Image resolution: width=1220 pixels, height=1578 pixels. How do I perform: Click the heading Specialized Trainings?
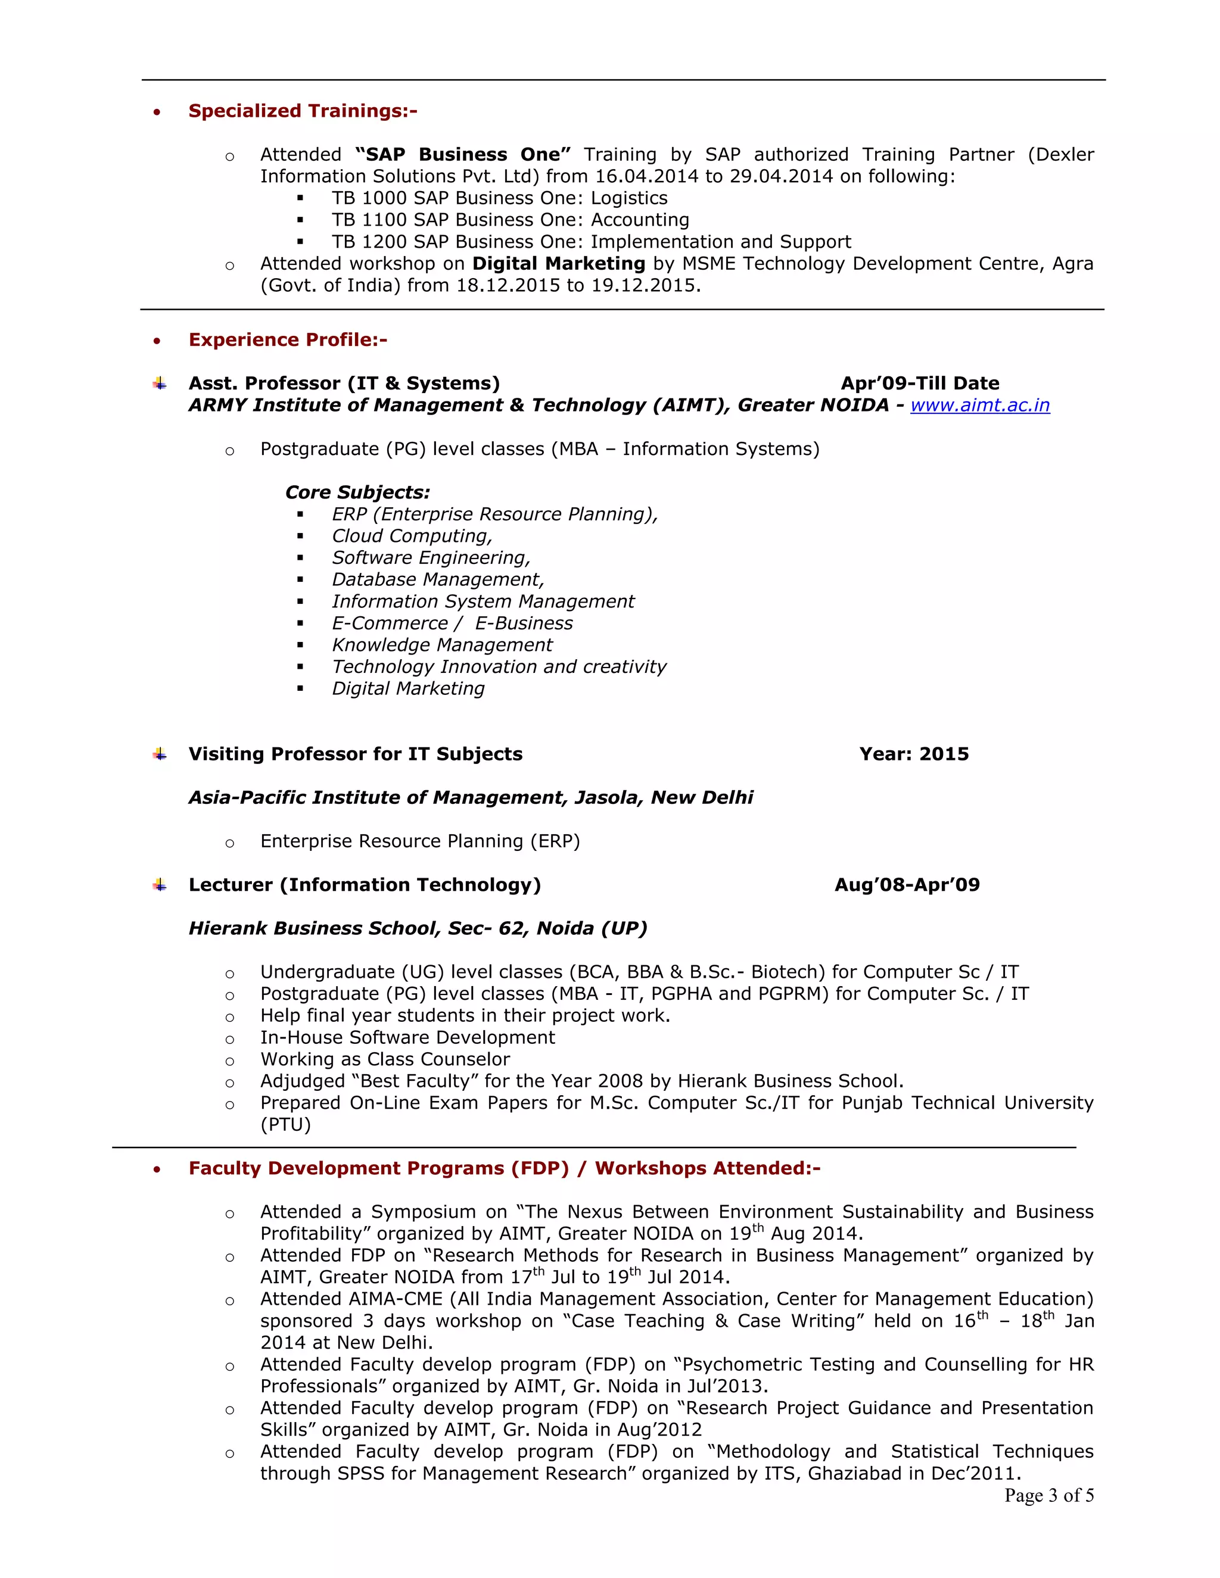(x=302, y=111)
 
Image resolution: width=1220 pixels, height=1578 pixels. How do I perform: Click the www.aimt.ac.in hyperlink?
(x=979, y=406)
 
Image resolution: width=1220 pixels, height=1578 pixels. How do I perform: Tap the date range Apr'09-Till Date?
(x=919, y=383)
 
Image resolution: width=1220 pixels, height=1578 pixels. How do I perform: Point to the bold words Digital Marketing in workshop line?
(x=558, y=264)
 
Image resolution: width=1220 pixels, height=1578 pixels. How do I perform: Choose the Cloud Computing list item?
(x=411, y=536)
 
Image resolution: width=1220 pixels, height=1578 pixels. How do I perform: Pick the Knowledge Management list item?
(x=441, y=645)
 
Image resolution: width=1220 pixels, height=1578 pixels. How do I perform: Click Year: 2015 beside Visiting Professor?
(x=914, y=754)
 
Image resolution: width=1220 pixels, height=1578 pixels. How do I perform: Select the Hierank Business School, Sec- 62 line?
(x=417, y=928)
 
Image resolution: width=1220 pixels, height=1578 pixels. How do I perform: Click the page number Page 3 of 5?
(x=1048, y=1496)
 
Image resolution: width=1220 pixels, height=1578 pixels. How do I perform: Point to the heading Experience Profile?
(x=288, y=340)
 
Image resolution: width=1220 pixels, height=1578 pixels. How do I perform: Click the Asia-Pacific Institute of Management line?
(x=471, y=798)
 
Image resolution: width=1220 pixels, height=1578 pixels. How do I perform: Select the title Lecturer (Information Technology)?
(x=364, y=885)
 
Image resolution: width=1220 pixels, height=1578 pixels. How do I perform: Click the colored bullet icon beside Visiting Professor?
(x=160, y=755)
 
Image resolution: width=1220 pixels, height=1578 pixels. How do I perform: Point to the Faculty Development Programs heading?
(x=504, y=1168)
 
